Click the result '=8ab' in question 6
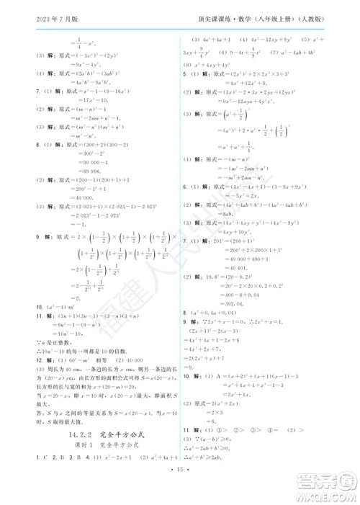click(210, 214)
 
